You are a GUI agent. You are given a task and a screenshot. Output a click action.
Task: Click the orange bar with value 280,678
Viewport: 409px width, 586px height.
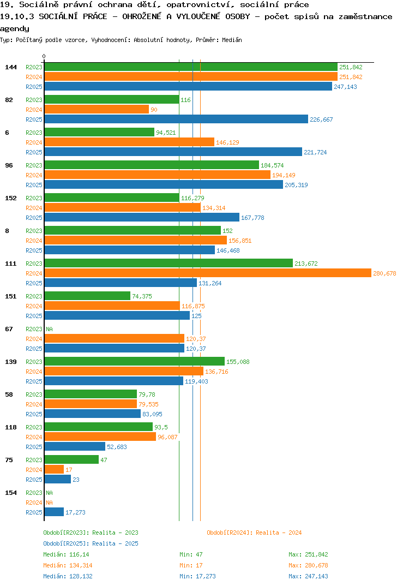[x=208, y=273]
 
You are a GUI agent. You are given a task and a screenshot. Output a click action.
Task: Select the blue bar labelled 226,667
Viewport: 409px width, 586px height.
[x=176, y=119]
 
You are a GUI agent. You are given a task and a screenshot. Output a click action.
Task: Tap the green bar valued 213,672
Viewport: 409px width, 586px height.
[x=169, y=264]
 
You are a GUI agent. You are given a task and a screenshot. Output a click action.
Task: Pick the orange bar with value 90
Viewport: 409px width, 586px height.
[x=97, y=110]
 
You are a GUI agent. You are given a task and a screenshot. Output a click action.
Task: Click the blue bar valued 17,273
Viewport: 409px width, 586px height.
[x=54, y=512]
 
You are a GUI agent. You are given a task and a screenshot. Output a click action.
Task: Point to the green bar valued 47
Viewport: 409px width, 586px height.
[x=72, y=459]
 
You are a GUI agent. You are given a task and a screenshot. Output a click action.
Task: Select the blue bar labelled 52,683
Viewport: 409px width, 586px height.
[x=75, y=447]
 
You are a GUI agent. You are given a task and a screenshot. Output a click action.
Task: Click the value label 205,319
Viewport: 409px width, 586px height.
[x=296, y=185]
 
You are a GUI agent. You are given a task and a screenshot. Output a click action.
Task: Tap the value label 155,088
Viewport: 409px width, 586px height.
[x=238, y=362]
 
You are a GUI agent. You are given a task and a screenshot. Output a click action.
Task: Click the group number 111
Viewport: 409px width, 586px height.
[x=11, y=264]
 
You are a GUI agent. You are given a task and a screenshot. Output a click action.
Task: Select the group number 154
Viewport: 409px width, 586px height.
[x=11, y=493]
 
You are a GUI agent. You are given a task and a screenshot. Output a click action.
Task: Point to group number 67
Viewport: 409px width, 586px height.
[x=9, y=329]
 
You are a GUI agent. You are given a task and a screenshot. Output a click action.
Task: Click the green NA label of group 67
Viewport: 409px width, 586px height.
[x=49, y=329]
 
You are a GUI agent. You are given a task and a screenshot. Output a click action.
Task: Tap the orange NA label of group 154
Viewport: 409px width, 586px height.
[x=49, y=503]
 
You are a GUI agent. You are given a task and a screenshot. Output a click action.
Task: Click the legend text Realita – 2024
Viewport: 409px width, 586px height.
[x=279, y=533]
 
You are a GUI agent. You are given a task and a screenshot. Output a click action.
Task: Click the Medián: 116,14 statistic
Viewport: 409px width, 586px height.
[x=66, y=554]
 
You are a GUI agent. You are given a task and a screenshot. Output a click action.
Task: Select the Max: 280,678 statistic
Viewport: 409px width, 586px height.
[x=308, y=565]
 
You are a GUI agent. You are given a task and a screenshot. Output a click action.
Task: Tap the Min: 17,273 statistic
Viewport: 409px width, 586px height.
[x=197, y=576]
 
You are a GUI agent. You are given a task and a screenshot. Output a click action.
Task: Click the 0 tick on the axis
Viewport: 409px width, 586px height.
[x=44, y=56]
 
